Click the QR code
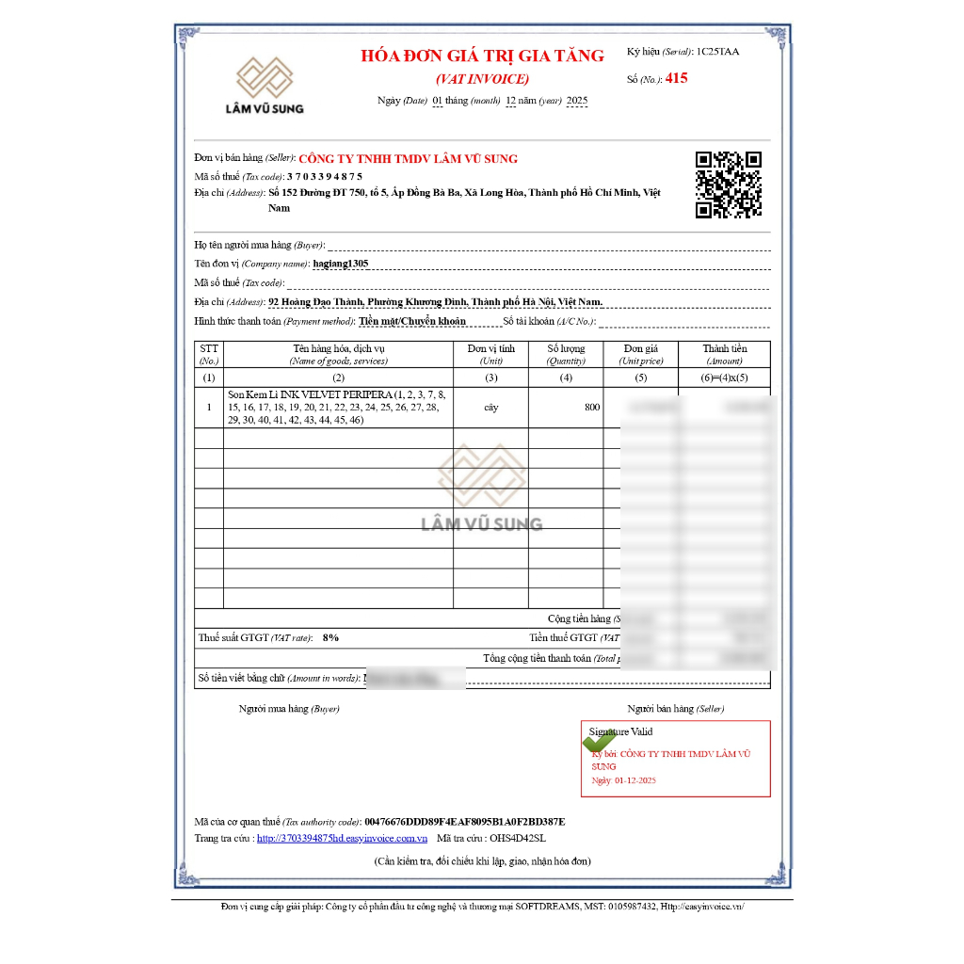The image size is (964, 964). [728, 185]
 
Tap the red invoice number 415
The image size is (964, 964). [676, 78]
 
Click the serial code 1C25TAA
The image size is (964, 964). [717, 52]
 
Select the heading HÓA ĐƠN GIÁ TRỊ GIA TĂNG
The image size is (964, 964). [482, 56]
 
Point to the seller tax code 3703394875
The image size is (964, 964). [325, 176]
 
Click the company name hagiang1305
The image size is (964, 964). [341, 264]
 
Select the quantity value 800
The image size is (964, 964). [591, 408]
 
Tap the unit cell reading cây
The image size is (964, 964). [490, 408]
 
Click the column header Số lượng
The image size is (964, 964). [566, 348]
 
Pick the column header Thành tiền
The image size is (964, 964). [724, 348]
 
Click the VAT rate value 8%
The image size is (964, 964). [330, 637]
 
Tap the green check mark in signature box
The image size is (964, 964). [600, 740]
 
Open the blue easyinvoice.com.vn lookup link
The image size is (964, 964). [342, 838]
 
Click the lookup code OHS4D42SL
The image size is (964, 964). [517, 838]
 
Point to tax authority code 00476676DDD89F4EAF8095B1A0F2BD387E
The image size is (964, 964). [465, 821]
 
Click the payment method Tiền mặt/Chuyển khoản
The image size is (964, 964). [412, 321]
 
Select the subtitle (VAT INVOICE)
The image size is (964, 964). [482, 79]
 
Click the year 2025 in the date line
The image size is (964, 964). [577, 101]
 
